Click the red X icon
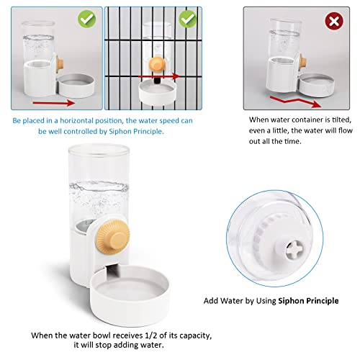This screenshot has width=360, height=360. click(x=333, y=21)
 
